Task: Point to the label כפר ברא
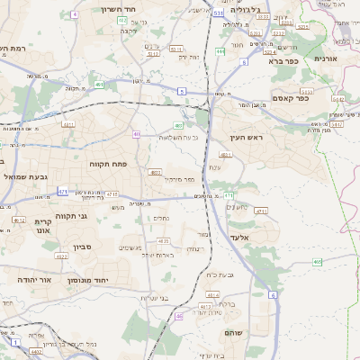click(x=282, y=61)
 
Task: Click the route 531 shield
click(x=219, y=14)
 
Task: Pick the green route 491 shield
click(x=97, y=85)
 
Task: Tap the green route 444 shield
click(x=220, y=51)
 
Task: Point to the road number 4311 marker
click(x=262, y=211)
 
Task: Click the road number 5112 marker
click(x=153, y=53)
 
